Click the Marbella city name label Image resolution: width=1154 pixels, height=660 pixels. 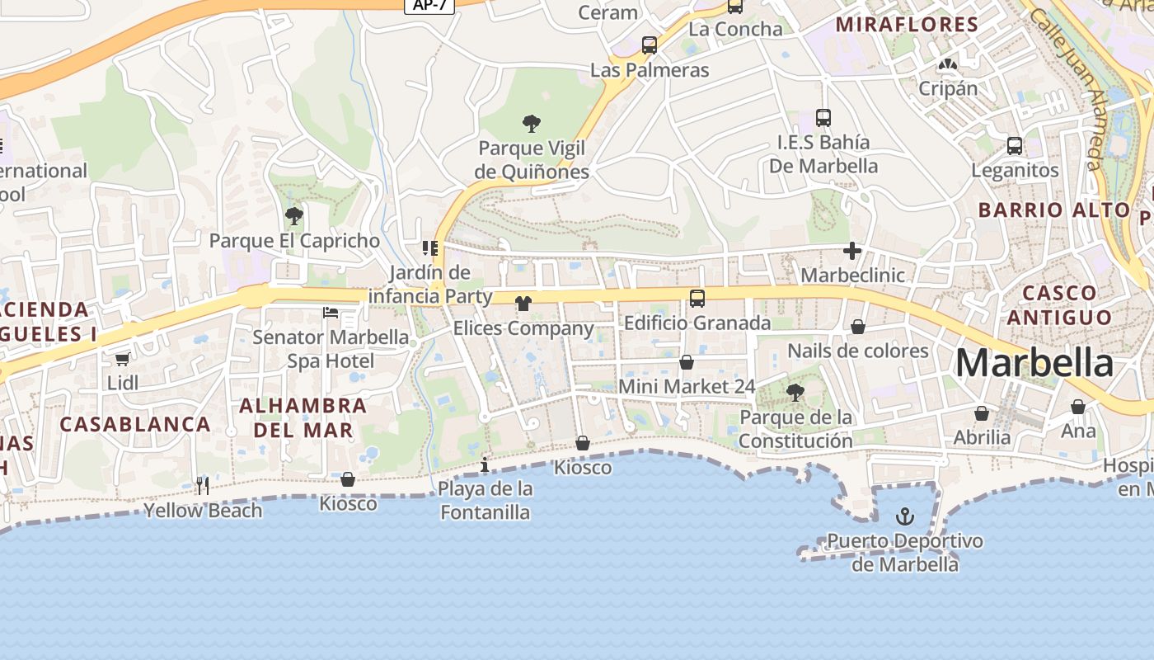pyautogui.click(x=1034, y=363)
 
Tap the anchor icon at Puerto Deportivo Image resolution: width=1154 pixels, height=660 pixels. pyautogui.click(x=905, y=517)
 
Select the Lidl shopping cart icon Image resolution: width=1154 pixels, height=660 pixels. pyautogui.click(x=123, y=359)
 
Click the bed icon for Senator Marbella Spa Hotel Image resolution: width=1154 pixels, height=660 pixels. pyautogui.click(x=331, y=313)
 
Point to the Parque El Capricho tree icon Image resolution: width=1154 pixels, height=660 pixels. pyautogui.click(x=293, y=217)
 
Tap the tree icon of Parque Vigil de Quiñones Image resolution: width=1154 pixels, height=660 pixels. pyautogui.click(x=532, y=125)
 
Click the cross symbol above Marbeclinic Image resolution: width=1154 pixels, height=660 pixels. pyautogui.click(x=852, y=251)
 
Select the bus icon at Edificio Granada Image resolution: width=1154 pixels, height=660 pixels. pyautogui.click(x=697, y=299)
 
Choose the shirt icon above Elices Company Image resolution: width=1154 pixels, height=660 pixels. pyautogui.click(x=523, y=304)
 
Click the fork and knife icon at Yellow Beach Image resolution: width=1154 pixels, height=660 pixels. pyautogui.click(x=203, y=485)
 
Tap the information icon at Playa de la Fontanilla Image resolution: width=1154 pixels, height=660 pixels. pyautogui.click(x=485, y=465)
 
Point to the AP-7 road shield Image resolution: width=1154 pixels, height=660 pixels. pyautogui.click(x=429, y=5)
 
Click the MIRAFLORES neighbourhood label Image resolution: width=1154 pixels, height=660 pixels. pyautogui.click(x=907, y=24)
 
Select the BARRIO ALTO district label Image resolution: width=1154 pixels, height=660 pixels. pyautogui.click(x=1053, y=210)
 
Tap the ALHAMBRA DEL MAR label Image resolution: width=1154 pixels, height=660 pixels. pyautogui.click(x=303, y=417)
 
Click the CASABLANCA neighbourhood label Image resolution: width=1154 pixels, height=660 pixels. pyautogui.click(x=135, y=424)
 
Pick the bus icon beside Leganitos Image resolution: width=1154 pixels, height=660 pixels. pyautogui.click(x=1015, y=146)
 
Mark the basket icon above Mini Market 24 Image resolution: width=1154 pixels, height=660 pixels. pyautogui.click(x=687, y=362)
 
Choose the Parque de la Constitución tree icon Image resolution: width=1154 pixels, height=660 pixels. pyautogui.click(x=795, y=393)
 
